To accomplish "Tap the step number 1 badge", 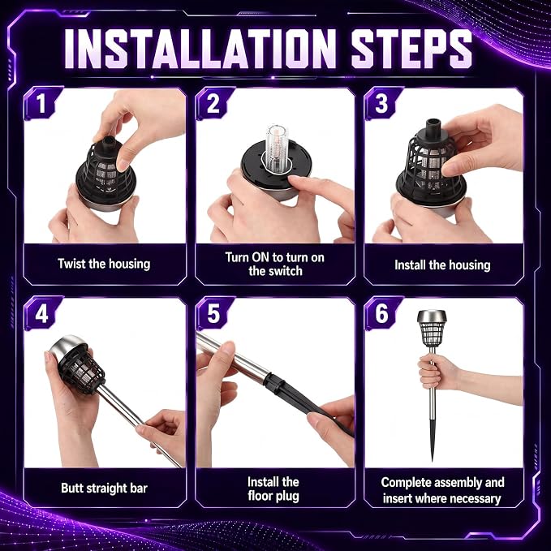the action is [x=41, y=103].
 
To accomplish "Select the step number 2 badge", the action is [x=213, y=103].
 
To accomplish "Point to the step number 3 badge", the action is [x=381, y=103].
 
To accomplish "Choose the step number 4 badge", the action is [x=41, y=313].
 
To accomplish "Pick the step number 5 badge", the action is [x=213, y=313].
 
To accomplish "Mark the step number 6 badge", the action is [x=381, y=313].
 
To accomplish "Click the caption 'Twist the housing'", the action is [x=104, y=264].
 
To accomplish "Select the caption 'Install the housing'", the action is [x=442, y=265].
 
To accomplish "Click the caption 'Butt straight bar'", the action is [x=104, y=488].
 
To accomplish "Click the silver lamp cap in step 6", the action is [x=432, y=316].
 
